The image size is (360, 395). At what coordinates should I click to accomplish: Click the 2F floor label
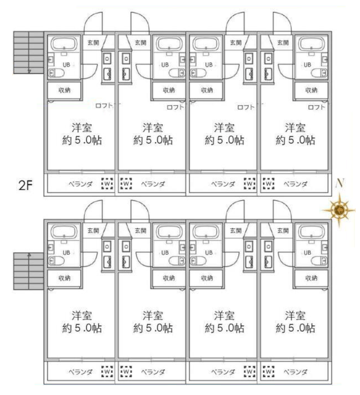coord(26,186)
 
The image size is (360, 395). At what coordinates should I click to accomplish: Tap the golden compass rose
coord(339,210)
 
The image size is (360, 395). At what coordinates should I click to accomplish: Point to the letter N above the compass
coord(340,183)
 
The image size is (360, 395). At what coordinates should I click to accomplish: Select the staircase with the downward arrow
coord(28,52)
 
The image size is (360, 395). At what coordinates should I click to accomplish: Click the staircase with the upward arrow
coord(28,272)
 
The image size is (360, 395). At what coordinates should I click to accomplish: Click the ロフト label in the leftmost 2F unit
coord(104,106)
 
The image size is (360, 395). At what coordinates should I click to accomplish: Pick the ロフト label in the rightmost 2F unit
coord(317,107)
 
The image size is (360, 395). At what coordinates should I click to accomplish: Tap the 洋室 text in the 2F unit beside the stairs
coord(82,128)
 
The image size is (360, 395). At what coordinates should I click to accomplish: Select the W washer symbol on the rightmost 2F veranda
coord(269,184)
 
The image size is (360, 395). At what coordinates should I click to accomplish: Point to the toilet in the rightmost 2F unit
coord(319,73)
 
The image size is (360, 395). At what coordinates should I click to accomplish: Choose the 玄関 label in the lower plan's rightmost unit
coord(283,230)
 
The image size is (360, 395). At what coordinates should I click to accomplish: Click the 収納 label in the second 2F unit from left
coord(169,90)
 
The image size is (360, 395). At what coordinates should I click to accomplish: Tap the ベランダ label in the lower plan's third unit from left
coord(223,372)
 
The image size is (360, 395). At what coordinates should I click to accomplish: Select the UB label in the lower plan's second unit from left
coord(165,252)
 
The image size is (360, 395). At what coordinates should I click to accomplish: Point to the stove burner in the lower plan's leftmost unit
coord(107,247)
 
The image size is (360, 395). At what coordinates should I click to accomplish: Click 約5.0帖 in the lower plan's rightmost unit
coord(295,328)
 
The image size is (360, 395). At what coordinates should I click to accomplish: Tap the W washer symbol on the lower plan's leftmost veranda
coord(107,372)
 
